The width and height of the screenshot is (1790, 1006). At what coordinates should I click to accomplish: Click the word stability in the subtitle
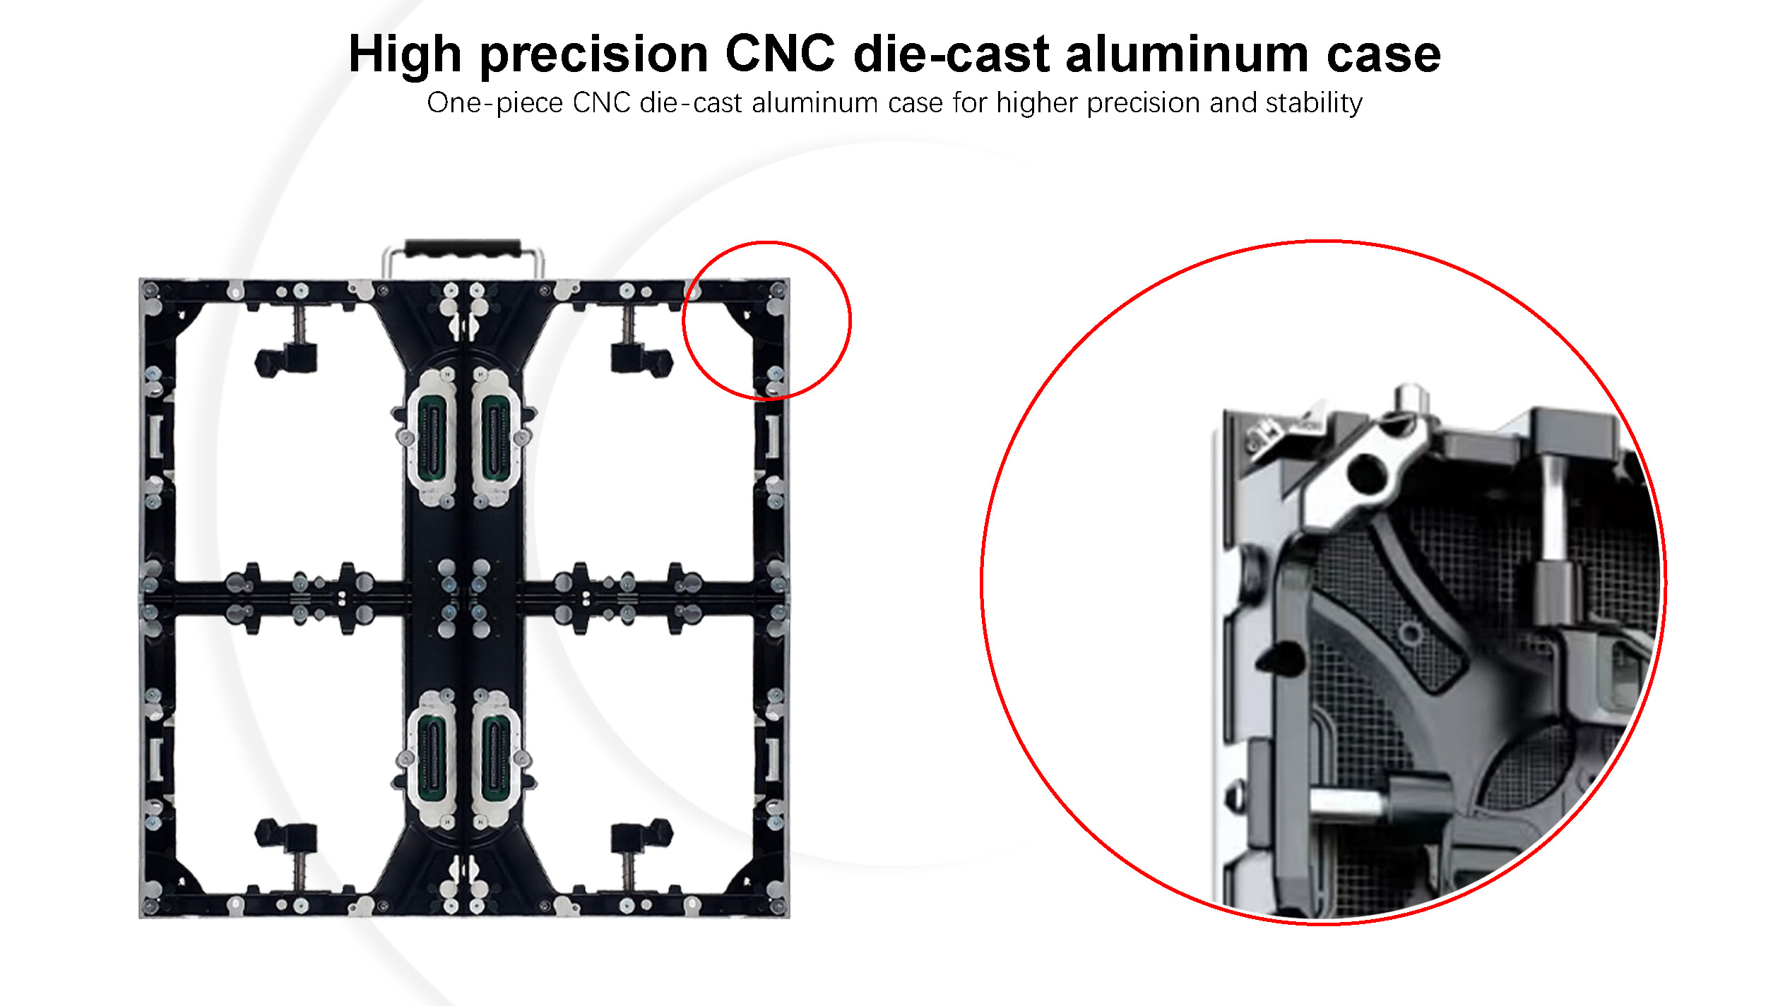pyautogui.click(x=1314, y=103)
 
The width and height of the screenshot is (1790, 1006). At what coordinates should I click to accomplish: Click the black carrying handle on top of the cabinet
pyautogui.click(x=463, y=248)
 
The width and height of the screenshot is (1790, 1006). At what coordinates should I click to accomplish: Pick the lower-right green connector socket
pyautogui.click(x=495, y=757)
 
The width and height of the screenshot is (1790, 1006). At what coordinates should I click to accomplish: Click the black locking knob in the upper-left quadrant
pyautogui.click(x=285, y=360)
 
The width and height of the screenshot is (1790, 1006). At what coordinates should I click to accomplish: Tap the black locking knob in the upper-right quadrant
pyautogui.click(x=641, y=360)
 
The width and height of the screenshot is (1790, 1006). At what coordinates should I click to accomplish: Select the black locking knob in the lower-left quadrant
pyautogui.click(x=285, y=834)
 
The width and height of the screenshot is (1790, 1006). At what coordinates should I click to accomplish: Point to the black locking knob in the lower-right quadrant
pyautogui.click(x=641, y=834)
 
